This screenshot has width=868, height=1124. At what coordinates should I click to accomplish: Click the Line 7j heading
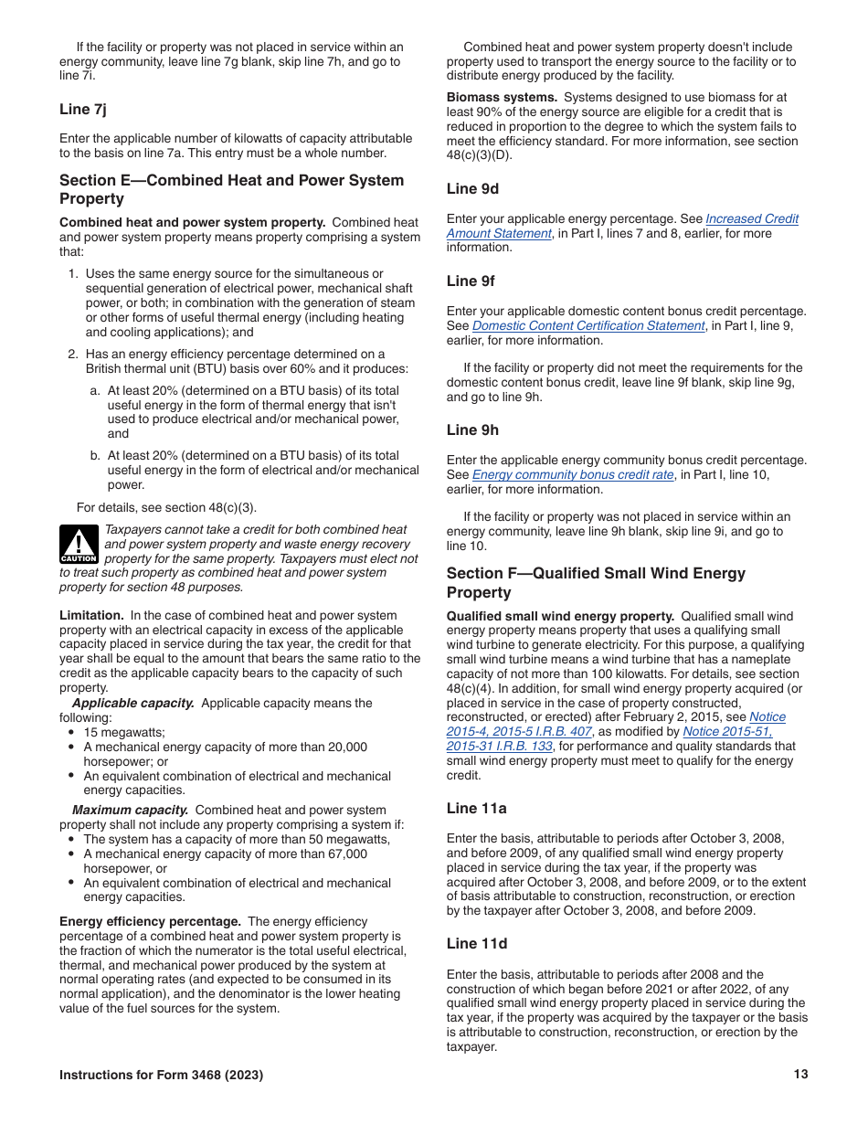coord(82,110)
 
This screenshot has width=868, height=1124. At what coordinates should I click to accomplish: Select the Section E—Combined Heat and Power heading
coord(231,189)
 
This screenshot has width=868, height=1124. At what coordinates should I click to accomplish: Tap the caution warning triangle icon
coord(79,545)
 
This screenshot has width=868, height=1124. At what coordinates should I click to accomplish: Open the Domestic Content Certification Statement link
coord(588,326)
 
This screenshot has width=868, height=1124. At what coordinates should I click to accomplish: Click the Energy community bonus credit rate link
coord(573,475)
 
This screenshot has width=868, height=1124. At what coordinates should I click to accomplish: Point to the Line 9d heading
coord(472,189)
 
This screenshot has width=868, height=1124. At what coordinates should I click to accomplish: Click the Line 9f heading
coord(471,281)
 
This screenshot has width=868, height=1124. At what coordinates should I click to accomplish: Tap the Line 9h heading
coord(472,430)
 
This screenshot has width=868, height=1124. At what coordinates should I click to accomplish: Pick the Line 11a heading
coord(476,808)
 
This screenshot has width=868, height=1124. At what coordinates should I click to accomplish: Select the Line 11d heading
coord(476,943)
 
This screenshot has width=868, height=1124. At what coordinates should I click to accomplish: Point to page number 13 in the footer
coord(800,1075)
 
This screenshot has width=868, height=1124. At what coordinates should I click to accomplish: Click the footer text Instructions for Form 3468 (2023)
coord(161,1076)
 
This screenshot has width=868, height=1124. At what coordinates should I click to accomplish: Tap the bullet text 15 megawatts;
coord(111,733)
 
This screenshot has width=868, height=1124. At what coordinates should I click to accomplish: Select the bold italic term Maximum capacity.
coord(131,810)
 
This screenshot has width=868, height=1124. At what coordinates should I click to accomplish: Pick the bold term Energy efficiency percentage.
coord(150,921)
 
